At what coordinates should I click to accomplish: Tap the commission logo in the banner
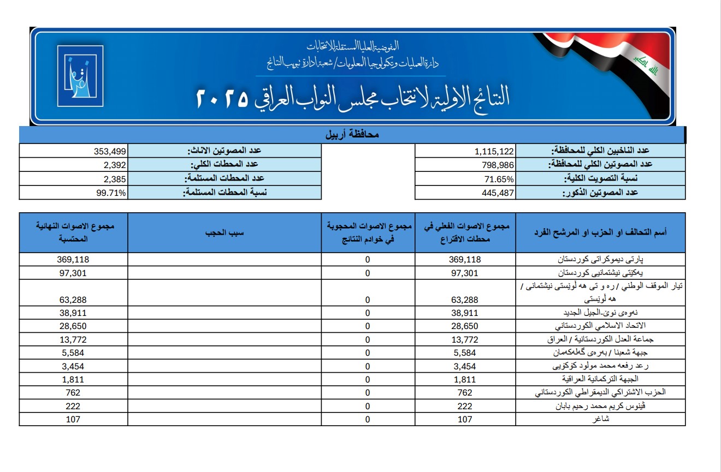(x=80, y=75)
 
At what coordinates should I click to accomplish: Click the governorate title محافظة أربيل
(x=352, y=134)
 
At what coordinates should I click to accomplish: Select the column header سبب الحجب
(x=224, y=232)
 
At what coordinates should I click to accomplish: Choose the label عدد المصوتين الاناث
(x=224, y=151)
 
